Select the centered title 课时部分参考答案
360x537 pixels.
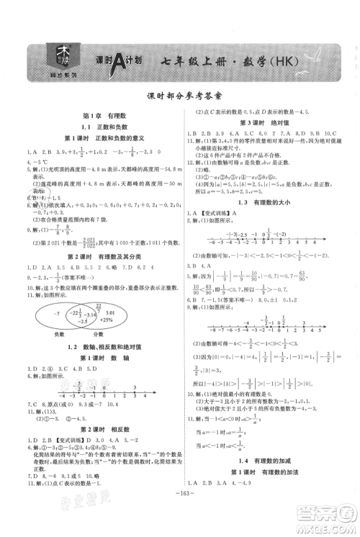[179, 99]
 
